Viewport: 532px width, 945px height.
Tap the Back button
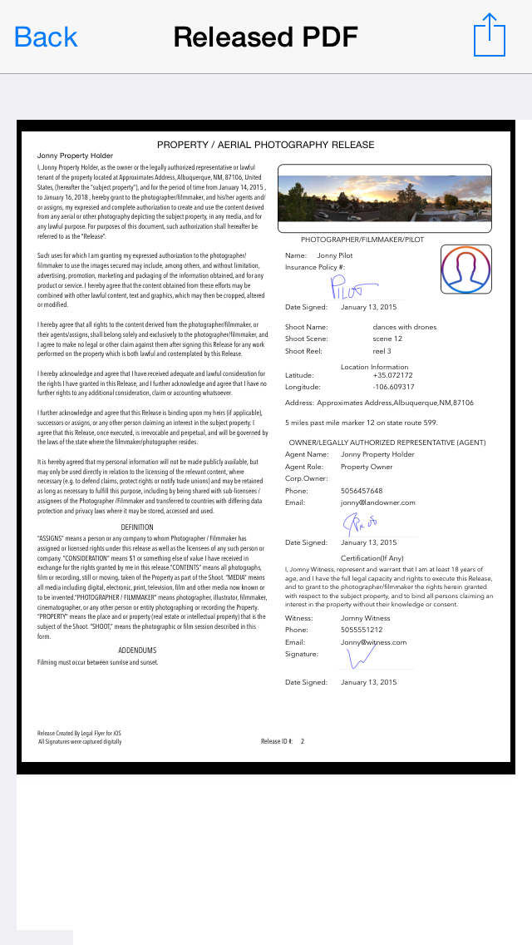point(46,37)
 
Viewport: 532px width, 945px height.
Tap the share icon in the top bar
point(490,36)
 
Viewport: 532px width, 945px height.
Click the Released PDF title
point(265,37)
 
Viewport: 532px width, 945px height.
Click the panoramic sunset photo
point(384,199)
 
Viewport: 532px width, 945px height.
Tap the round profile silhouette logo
point(465,269)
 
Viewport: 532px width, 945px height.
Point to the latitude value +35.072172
point(393,375)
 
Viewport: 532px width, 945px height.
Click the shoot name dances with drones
point(405,327)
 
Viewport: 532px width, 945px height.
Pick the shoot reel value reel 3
point(382,350)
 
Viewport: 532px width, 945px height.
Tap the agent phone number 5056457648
point(362,491)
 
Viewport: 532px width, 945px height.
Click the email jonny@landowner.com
point(377,502)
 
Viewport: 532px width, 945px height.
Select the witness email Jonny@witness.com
point(373,642)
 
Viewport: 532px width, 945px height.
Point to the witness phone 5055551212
point(362,630)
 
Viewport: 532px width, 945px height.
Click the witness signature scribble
point(361,657)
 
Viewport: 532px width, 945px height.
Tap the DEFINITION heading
point(137,527)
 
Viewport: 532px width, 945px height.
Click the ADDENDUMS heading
point(137,650)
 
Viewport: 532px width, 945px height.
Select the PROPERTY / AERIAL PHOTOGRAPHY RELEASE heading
point(265,145)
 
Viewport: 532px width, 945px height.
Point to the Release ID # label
point(277,740)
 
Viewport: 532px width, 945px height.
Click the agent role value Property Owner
point(367,467)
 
